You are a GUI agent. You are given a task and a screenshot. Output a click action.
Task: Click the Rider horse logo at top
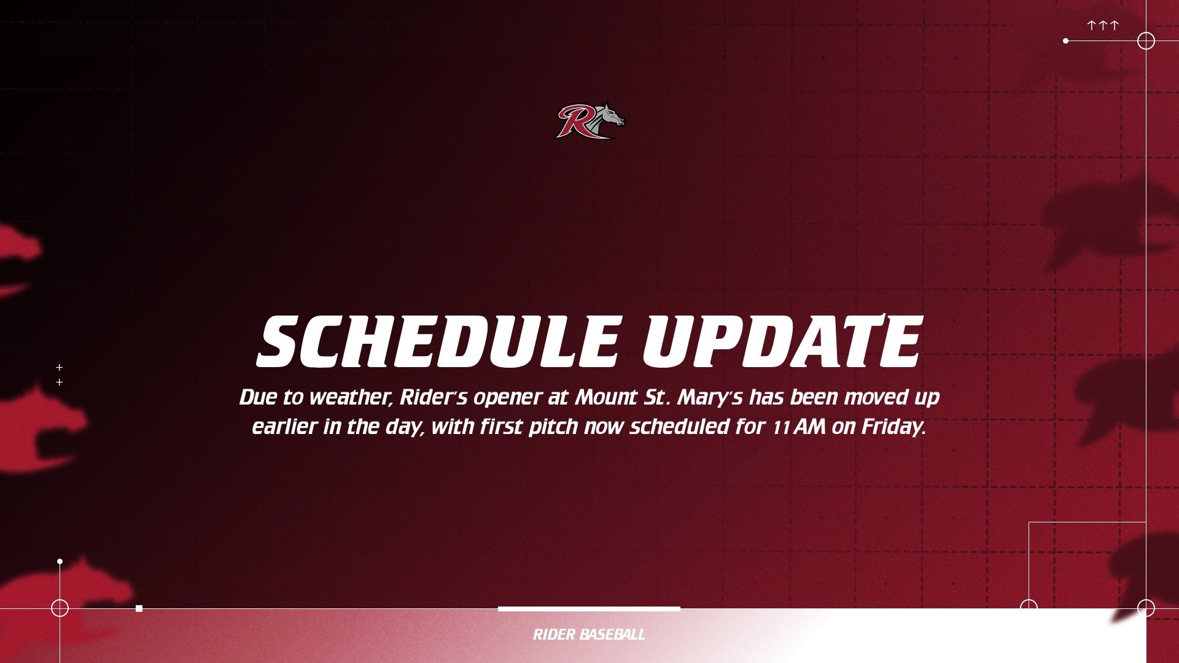589,120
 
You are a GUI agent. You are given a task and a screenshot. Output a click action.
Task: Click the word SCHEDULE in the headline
438,341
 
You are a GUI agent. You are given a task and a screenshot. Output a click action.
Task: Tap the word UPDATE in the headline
782,341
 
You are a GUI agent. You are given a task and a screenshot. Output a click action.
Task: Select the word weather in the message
350,397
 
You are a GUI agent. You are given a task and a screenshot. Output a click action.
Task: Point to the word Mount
606,397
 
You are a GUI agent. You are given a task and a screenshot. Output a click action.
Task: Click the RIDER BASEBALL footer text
589,635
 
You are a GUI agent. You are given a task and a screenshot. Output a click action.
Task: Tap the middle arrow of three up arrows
1103,25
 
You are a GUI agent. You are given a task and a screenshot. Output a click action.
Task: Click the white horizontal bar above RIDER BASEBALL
589,609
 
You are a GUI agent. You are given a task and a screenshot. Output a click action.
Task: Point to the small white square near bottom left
139,608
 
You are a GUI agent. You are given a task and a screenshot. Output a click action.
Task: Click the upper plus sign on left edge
60,368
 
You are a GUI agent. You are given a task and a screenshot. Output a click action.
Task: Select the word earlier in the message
284,427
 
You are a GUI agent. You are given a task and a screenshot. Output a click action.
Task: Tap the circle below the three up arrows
1146,41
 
